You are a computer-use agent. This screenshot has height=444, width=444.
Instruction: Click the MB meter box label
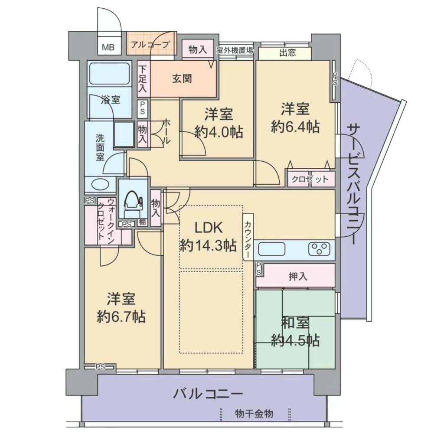pyautogui.click(x=108, y=47)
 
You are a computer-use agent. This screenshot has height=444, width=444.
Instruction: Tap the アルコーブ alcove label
pyautogui.click(x=150, y=45)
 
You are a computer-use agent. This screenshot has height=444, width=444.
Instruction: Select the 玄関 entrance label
pyautogui.click(x=182, y=78)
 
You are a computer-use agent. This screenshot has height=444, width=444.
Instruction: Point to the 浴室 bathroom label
pyautogui.click(x=111, y=100)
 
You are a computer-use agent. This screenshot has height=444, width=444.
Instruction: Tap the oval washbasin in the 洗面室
pyautogui.click(x=101, y=184)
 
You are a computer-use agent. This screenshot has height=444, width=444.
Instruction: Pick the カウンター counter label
pyautogui.click(x=247, y=236)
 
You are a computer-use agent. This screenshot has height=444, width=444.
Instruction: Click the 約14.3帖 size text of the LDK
pyautogui.click(x=209, y=245)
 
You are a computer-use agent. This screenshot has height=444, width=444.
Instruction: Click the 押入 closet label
pyautogui.click(x=298, y=276)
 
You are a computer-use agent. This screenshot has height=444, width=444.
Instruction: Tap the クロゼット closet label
pyautogui.click(x=310, y=179)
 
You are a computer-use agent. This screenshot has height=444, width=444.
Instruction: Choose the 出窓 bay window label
pyautogui.click(x=288, y=52)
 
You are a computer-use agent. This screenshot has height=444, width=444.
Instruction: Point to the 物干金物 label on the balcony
pyautogui.click(x=254, y=413)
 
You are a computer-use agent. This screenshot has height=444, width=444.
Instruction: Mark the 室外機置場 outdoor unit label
pyautogui.click(x=235, y=51)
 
